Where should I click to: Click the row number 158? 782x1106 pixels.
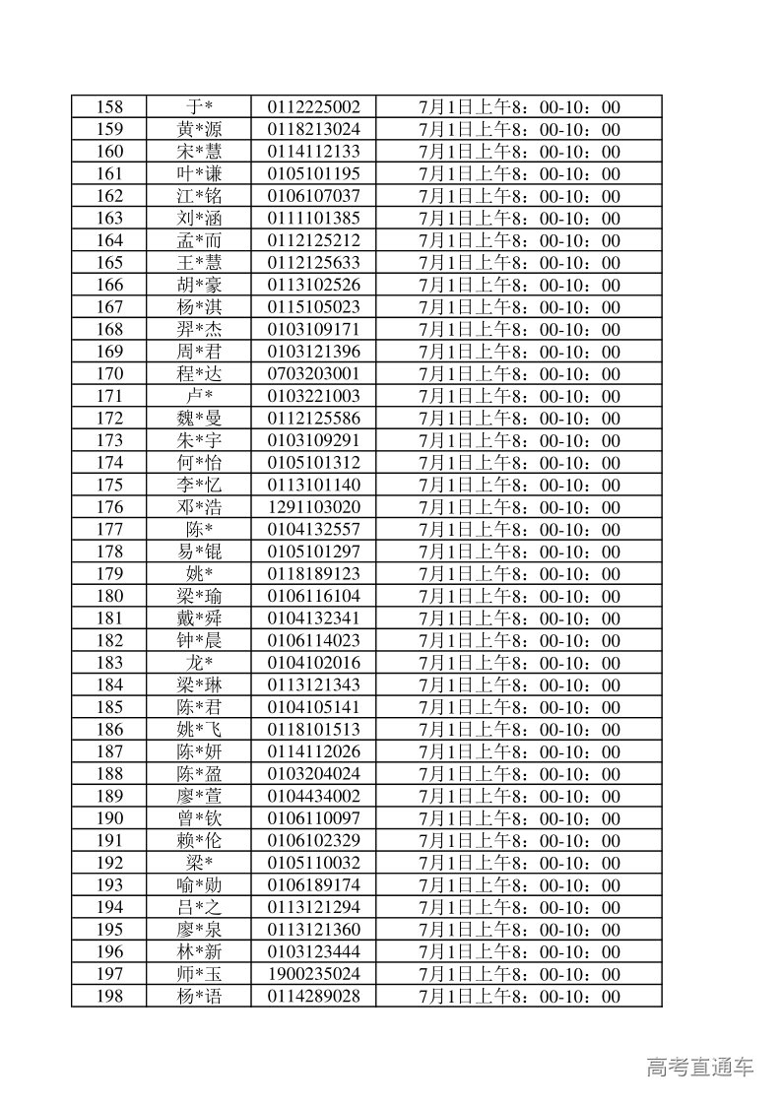point(110,107)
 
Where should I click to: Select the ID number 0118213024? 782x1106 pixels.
point(313,130)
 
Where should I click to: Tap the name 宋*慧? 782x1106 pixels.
point(200,152)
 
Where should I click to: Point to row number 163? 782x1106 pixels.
point(110,219)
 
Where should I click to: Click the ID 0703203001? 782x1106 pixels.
point(313,374)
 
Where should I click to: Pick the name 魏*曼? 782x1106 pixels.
point(200,419)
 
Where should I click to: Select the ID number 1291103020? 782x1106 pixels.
point(313,507)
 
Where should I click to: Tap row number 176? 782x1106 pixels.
point(110,507)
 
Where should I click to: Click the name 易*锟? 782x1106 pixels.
point(200,552)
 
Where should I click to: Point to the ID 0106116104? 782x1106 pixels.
point(313,596)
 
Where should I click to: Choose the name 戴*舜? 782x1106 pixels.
point(200,618)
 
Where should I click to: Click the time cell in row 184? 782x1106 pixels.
point(519,685)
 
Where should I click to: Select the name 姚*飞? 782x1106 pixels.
point(200,730)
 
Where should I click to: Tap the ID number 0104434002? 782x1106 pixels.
point(313,796)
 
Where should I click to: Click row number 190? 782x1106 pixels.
point(110,818)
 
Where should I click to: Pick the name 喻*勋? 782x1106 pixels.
point(200,885)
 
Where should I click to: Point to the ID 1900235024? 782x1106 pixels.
point(313,974)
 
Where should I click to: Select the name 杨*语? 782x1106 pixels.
point(200,996)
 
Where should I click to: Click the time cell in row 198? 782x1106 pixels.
point(519,996)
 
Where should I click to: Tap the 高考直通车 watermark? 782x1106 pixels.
point(700,1067)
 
